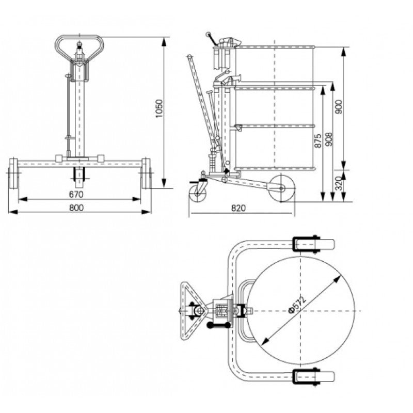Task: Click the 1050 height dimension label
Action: (x=159, y=109)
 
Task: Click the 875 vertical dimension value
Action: (x=317, y=140)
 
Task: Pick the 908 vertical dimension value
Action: (x=329, y=140)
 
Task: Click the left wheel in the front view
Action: (x=13, y=173)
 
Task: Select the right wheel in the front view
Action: (x=146, y=173)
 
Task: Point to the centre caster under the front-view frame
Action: (x=79, y=177)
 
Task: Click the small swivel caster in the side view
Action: (x=197, y=193)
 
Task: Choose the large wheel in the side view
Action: (x=281, y=188)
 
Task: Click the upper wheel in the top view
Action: (x=312, y=244)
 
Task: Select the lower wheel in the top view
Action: (x=312, y=377)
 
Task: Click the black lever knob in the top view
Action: (x=211, y=325)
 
